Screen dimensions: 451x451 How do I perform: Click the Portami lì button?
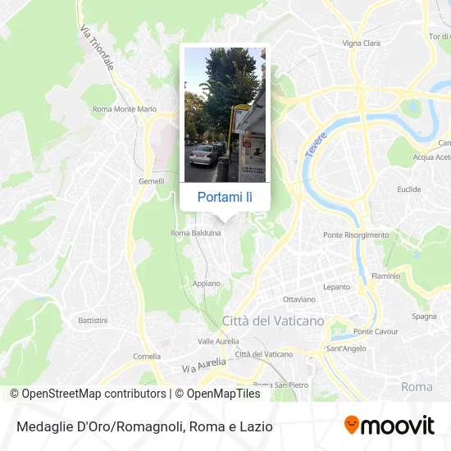225,197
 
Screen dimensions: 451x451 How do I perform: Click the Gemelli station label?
152,181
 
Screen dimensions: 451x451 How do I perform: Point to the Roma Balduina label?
195,233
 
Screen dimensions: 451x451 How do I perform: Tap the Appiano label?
206,283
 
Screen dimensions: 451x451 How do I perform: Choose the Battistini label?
93,319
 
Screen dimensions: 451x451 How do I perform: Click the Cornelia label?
147,357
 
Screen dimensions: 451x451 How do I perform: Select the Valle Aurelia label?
218,340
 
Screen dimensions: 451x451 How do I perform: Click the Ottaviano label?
298,299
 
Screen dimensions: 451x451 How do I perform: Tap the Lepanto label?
337,287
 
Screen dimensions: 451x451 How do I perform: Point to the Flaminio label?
385,276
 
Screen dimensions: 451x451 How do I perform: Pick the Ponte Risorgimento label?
356,235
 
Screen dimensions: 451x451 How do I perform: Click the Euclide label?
408,189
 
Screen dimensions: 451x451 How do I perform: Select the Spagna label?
423,316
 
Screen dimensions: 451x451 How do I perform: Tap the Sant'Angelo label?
345,348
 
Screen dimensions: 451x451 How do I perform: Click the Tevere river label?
317,144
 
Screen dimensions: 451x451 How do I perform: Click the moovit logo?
389,426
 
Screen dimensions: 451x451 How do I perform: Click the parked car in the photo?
203,153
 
